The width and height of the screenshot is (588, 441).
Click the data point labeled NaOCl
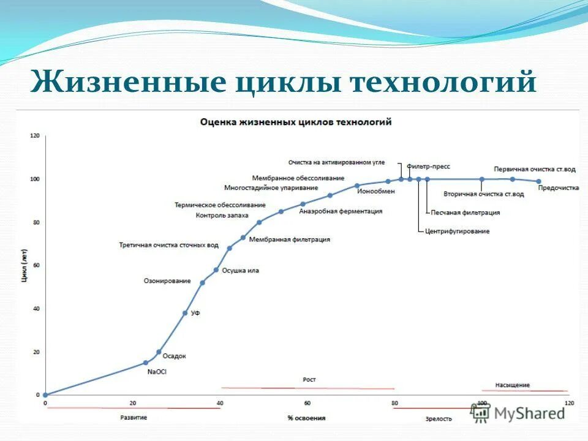[x=146, y=363]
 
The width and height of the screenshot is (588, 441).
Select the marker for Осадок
[x=159, y=352]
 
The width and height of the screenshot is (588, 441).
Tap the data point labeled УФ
[x=185, y=313]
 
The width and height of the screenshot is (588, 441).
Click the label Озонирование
[x=167, y=281]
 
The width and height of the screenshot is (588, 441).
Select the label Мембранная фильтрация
[x=290, y=240]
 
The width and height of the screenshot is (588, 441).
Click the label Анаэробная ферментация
[x=341, y=211]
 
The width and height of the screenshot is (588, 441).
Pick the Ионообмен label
[x=376, y=191]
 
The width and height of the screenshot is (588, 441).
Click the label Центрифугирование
[x=457, y=232]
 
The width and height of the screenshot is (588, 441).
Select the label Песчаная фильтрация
[x=465, y=213]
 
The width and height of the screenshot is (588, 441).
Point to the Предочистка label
[x=558, y=189]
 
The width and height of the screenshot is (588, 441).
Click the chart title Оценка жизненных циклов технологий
[x=296, y=123]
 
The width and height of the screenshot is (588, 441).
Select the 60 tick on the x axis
[x=307, y=403]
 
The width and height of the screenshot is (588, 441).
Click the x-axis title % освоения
[x=306, y=418]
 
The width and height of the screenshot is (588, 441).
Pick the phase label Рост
[x=309, y=380]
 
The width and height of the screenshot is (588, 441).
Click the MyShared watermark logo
[x=519, y=413]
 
